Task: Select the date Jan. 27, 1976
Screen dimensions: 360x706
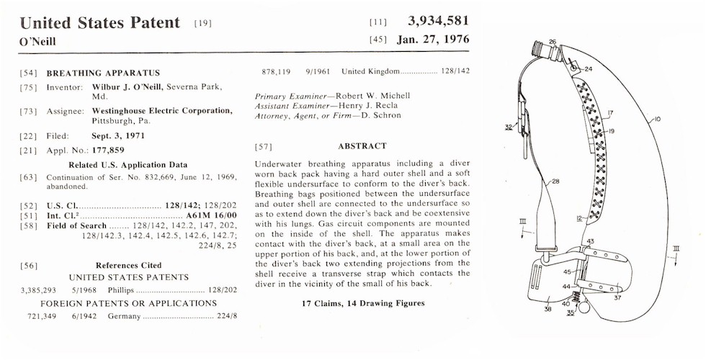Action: coord(432,39)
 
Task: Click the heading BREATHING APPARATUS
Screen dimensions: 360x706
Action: coord(103,73)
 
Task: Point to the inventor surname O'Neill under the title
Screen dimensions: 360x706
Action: coord(37,42)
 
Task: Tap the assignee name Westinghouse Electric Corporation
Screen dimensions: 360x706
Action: coord(162,111)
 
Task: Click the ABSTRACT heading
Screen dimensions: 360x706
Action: coord(362,146)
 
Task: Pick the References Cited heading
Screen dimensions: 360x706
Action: coord(128,265)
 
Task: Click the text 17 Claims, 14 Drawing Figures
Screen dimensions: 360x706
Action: coord(362,303)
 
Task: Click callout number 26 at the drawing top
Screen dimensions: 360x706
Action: coord(553,42)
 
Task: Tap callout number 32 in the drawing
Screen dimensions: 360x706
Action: coord(509,127)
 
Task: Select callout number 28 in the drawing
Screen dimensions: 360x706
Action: coord(555,182)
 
